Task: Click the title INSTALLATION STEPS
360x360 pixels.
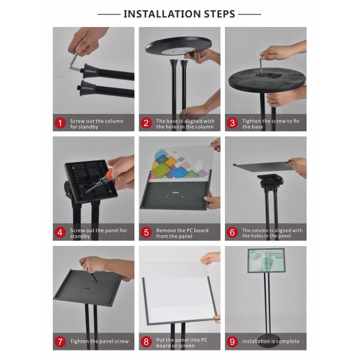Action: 179,14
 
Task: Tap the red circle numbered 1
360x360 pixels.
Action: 60,123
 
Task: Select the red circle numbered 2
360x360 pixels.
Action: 146,123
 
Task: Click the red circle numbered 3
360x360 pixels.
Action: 233,123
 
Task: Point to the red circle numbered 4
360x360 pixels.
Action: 60,233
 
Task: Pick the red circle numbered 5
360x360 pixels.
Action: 146,233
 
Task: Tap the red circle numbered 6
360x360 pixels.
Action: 233,233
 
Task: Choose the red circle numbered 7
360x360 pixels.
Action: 60,342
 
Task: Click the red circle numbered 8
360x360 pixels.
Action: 146,342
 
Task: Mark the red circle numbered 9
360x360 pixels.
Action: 233,342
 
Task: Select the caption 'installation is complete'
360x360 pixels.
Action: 269,342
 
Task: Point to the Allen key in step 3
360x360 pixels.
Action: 262,65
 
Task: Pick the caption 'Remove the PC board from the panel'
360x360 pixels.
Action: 185,233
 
